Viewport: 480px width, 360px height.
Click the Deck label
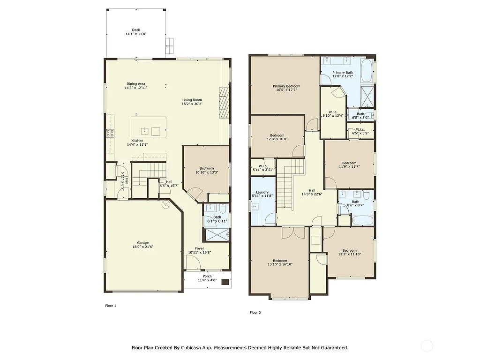click(135, 30)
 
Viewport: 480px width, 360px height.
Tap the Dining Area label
click(135, 84)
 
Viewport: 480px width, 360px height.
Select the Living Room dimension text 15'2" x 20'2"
click(192, 104)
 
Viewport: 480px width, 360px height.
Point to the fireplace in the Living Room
click(225, 102)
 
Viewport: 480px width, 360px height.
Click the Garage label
click(142, 243)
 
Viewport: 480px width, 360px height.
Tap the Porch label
click(207, 276)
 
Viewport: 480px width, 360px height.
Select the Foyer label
click(199, 248)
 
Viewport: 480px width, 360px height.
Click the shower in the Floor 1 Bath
click(217, 234)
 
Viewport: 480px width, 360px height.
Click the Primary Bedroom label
click(286, 86)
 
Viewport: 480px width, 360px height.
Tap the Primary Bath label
click(343, 73)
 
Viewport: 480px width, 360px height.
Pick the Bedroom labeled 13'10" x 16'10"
click(280, 261)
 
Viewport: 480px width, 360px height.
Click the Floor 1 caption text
click(110, 306)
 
